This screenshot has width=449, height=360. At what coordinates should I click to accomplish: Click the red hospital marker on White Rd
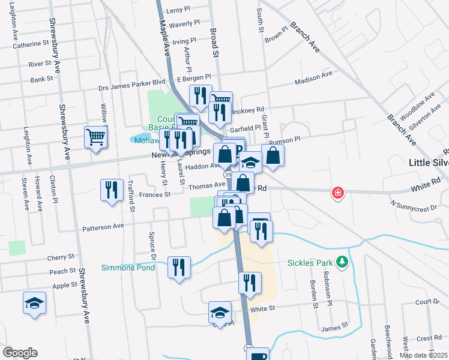coord(338,193)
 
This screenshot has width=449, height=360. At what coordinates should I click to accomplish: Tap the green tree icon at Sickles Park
coord(342,262)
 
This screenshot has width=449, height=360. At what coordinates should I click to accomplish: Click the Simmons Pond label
coord(127,267)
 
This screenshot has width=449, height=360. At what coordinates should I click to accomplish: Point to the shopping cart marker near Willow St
coord(96,137)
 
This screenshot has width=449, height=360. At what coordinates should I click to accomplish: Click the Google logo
coord(20,353)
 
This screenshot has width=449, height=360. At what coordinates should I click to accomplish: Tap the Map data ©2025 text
coord(423,355)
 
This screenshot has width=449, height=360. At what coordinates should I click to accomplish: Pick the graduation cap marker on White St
coord(220,312)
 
